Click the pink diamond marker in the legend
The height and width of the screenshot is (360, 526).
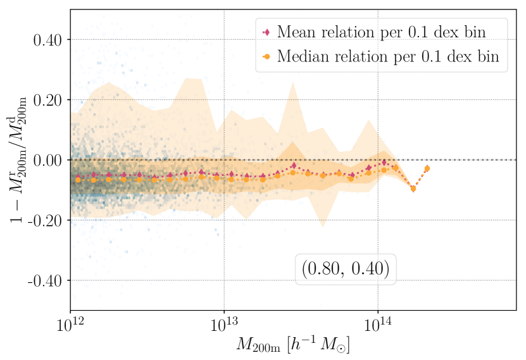point(266,32)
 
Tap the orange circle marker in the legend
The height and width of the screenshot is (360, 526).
point(266,57)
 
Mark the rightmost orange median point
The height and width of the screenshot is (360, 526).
point(427,168)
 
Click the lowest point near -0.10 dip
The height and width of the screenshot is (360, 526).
point(413,189)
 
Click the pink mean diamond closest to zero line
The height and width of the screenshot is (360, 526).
point(384,162)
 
